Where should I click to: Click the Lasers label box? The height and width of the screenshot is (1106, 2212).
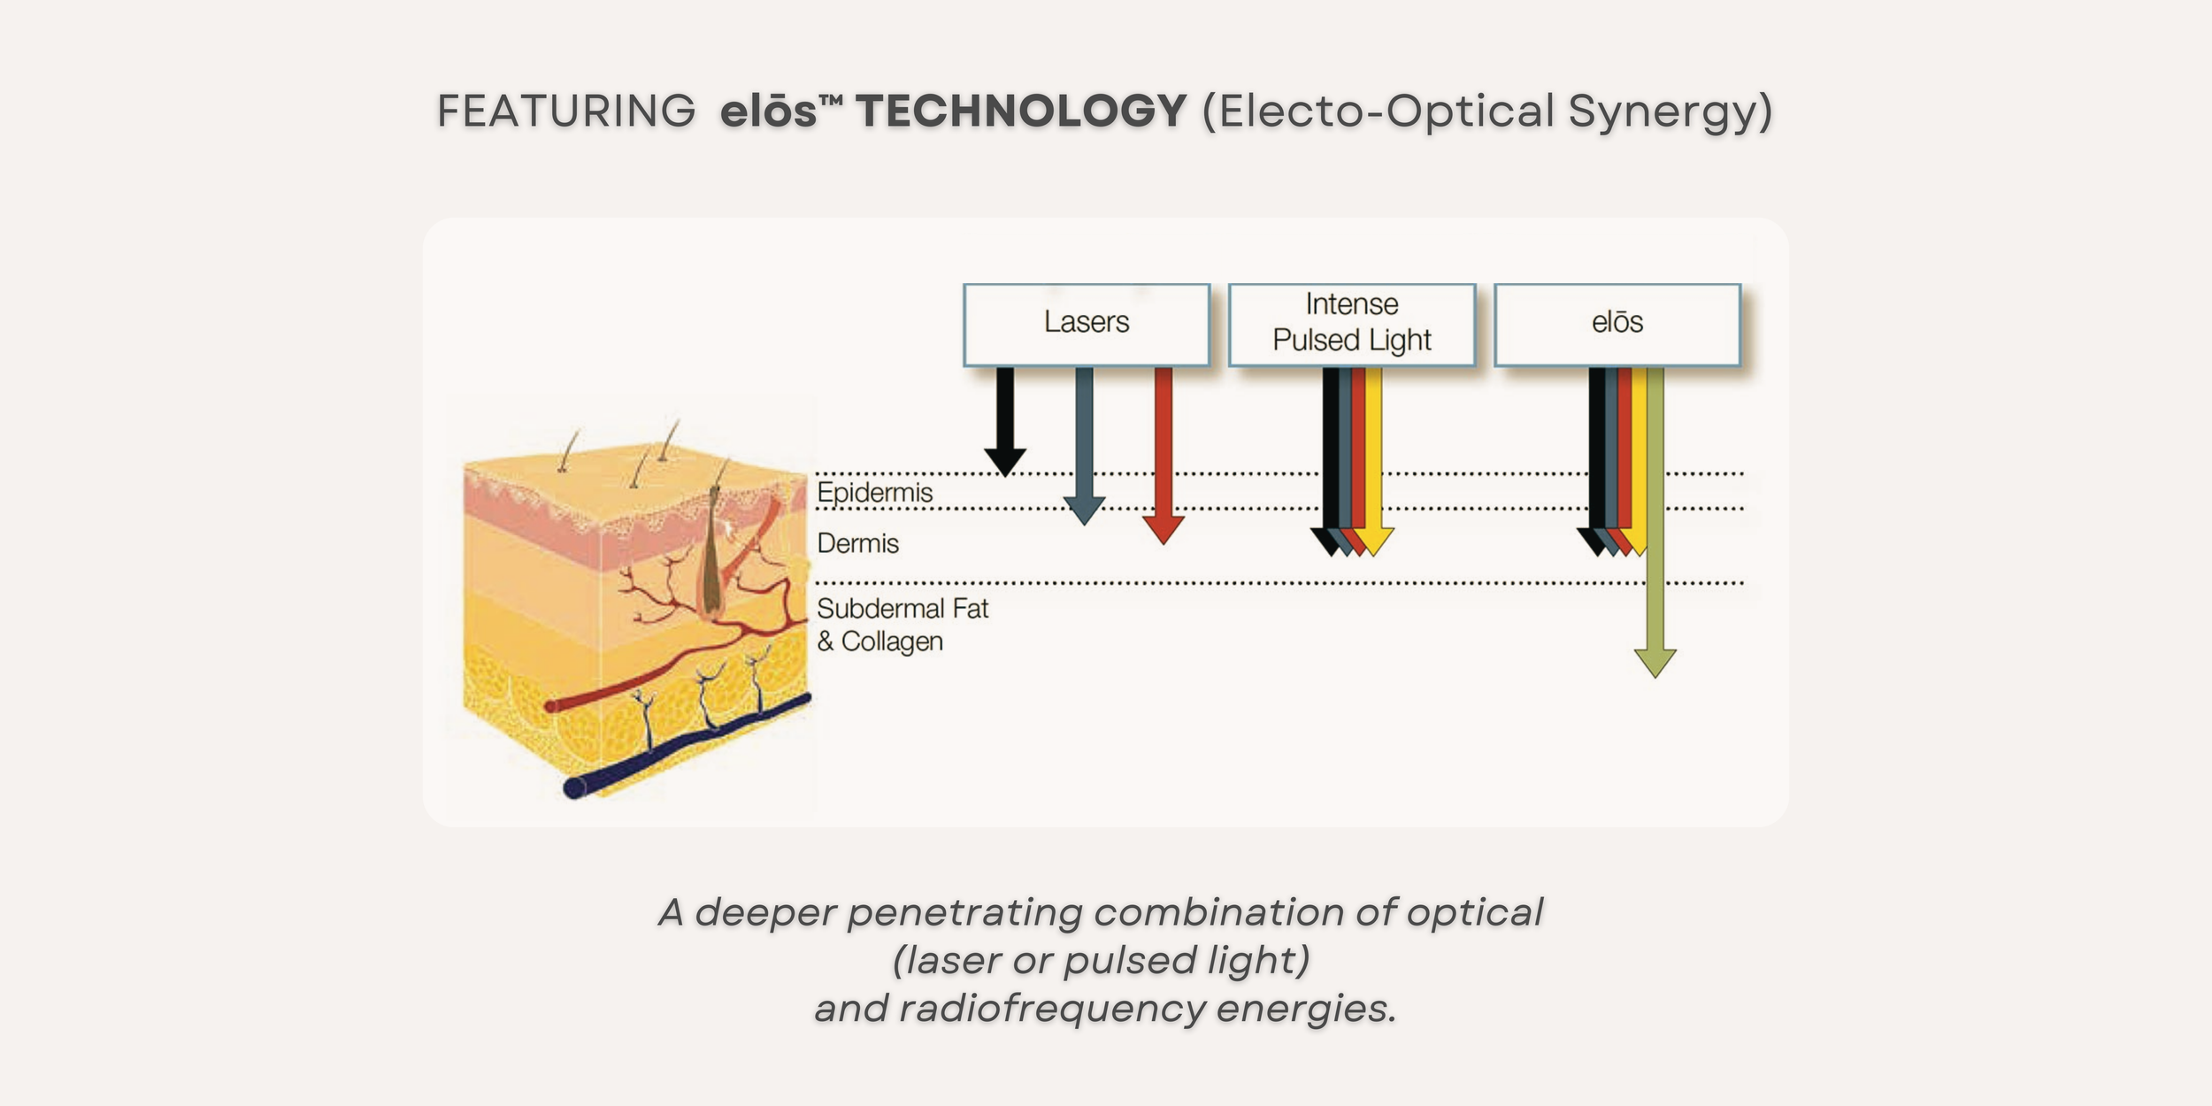(1086, 324)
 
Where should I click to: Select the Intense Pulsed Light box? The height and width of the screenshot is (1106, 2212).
(1351, 324)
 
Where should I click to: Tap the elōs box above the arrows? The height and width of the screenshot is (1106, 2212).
(1617, 324)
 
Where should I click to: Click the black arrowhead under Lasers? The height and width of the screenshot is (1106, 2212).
(1005, 461)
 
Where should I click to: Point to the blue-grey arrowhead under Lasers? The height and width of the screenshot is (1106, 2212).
(1084, 510)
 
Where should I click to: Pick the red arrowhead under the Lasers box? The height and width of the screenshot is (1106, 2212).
(1164, 529)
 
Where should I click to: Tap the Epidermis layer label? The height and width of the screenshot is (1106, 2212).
(874, 493)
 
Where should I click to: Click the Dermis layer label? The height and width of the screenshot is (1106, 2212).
(857, 543)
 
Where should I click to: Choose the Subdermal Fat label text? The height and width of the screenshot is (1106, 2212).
(902, 610)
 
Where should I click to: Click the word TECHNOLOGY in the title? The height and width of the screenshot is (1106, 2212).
(1020, 111)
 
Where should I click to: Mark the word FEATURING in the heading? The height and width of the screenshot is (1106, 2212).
(566, 111)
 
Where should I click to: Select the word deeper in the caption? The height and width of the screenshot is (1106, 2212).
(764, 913)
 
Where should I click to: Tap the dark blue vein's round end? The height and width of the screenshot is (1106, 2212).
(575, 787)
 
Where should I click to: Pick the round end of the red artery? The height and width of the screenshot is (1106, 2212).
(551, 706)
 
